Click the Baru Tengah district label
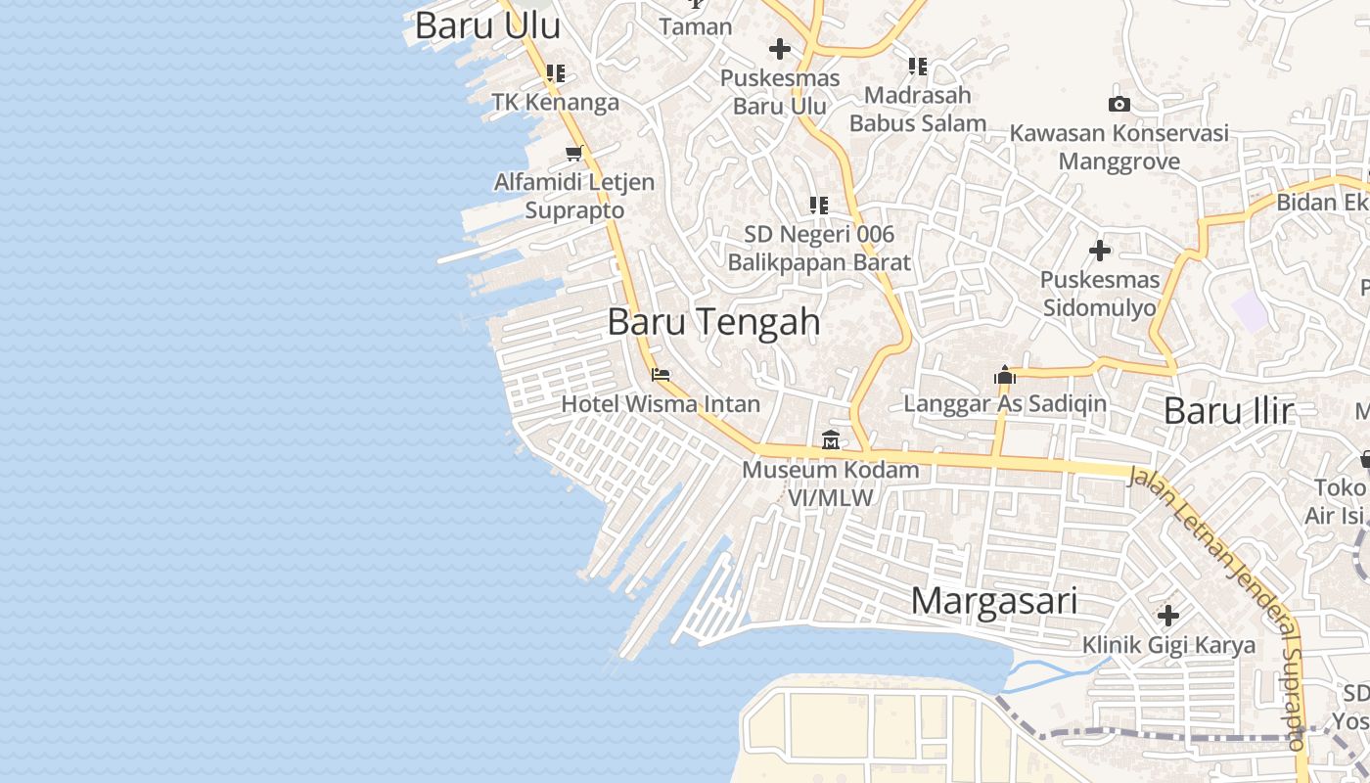713,322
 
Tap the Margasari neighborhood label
993,601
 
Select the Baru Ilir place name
1228,411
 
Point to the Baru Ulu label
487,26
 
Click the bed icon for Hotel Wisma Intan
661,374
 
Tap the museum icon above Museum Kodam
831,440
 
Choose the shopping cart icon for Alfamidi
574,153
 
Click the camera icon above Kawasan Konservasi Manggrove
1119,104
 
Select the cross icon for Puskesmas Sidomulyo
1100,251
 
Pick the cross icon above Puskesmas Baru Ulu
779,48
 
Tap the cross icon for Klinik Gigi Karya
1167,616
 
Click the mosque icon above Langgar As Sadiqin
1005,374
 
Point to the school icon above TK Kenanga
556,72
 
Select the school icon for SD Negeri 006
819,206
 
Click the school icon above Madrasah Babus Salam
917,67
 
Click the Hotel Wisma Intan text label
661,403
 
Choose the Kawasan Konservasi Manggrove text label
1119,147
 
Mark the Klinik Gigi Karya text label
1168,645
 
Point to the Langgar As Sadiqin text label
1005,403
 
